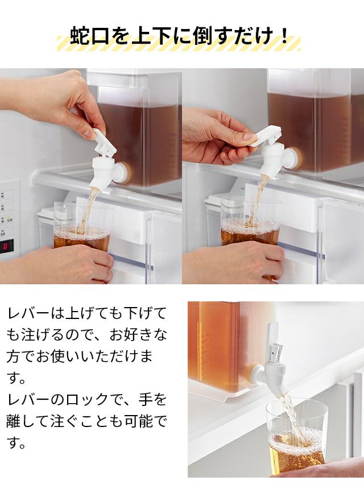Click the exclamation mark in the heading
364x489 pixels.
tap(284, 36)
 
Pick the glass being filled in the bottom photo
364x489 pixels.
tap(296, 433)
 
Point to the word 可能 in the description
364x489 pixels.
tap(139, 421)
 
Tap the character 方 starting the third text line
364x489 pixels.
tap(14, 357)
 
